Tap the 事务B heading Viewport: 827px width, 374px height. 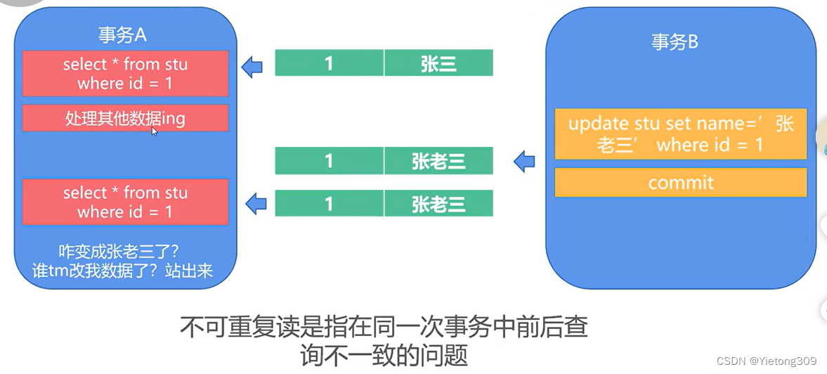pyautogui.click(x=675, y=43)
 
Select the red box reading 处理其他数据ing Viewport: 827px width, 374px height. pyautogui.click(x=125, y=118)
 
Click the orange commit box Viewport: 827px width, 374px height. pyautogui.click(x=680, y=183)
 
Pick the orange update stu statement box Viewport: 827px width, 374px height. pyautogui.click(x=680, y=134)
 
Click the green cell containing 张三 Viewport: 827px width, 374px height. pyautogui.click(x=438, y=63)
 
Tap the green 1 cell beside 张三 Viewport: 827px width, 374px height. pyautogui.click(x=329, y=63)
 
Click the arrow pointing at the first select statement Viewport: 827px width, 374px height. pyautogui.click(x=252, y=67)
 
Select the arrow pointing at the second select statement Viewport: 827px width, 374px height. pyautogui.click(x=256, y=204)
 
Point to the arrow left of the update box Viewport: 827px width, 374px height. pyautogui.click(x=524, y=162)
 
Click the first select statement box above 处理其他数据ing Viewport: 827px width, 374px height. pyautogui.click(x=125, y=73)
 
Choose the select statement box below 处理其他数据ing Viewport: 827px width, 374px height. pyautogui.click(x=125, y=202)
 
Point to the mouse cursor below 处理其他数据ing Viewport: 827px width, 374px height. pyautogui.click(x=155, y=131)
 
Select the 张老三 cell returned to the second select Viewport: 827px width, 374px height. pyautogui.click(x=438, y=204)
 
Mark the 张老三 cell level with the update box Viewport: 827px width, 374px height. pyautogui.click(x=438, y=162)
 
